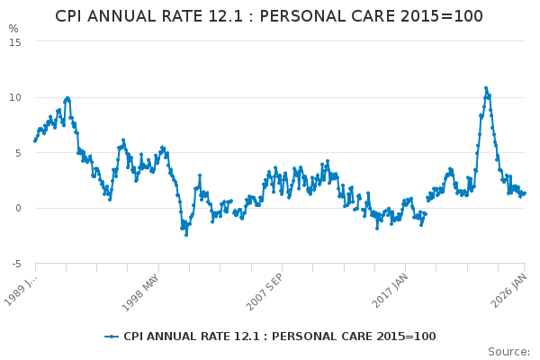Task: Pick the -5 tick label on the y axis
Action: point(15,264)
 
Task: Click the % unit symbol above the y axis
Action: point(13,29)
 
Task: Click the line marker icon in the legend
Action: point(112,337)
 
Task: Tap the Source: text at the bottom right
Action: point(508,351)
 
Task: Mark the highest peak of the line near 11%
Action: point(486,88)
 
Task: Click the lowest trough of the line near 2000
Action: point(186,234)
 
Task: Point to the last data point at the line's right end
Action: point(525,193)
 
